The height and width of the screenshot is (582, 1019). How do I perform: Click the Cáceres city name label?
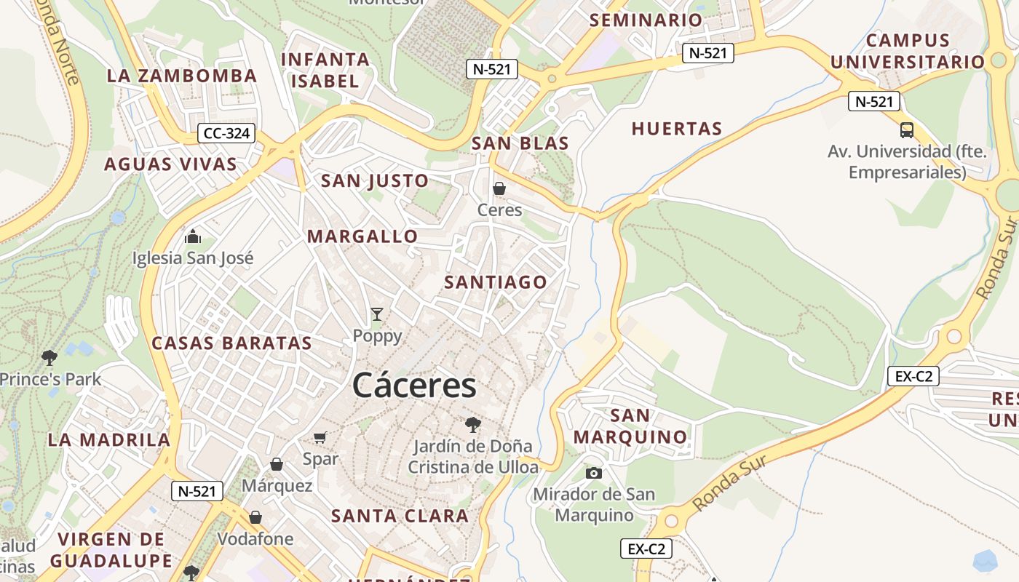[x=414, y=386]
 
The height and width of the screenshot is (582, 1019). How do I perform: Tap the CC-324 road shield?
[x=226, y=133]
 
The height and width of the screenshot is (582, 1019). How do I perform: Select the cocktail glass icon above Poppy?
[x=376, y=314]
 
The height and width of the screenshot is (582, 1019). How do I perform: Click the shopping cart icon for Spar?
[x=320, y=437]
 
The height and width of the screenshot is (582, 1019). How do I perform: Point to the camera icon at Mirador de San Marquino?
[x=594, y=473]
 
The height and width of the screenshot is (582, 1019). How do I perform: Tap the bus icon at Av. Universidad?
[x=906, y=130]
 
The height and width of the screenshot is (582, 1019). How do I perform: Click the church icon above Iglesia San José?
[x=193, y=236]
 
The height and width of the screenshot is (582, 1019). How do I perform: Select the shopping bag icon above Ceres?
[x=499, y=188]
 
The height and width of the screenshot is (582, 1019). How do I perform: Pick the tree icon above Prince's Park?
[x=49, y=357]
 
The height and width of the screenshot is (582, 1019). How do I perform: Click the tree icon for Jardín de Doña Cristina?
[x=473, y=424]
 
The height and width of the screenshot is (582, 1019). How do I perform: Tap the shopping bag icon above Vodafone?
[x=255, y=517]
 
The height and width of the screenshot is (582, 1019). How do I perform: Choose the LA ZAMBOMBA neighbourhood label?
[x=182, y=76]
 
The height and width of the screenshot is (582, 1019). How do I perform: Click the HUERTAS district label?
[x=677, y=129]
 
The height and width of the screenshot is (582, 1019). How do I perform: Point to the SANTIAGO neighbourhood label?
[x=496, y=282]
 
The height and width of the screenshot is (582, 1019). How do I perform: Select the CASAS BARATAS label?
[x=231, y=343]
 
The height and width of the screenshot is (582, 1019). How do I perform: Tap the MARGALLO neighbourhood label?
[x=362, y=236]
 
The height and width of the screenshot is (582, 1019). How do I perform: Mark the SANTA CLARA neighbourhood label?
[x=400, y=517]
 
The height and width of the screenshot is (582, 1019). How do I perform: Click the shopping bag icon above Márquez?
[x=277, y=464]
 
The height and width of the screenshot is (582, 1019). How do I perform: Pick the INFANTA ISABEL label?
[x=325, y=70]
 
